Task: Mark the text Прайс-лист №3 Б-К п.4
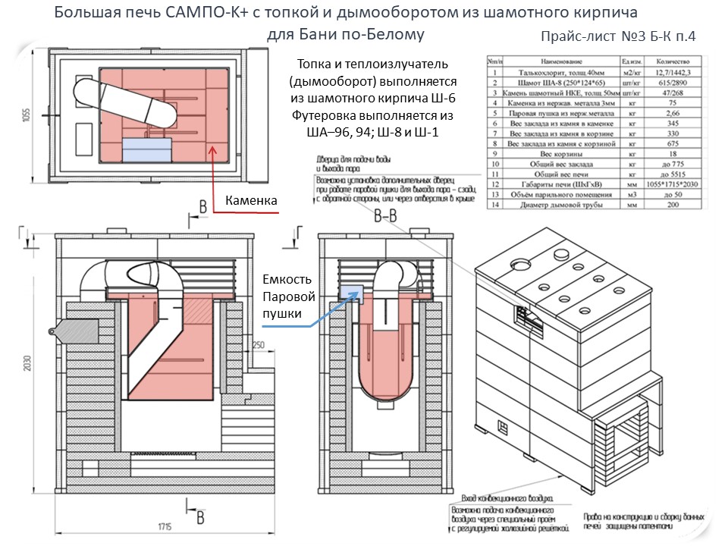(619, 36)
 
